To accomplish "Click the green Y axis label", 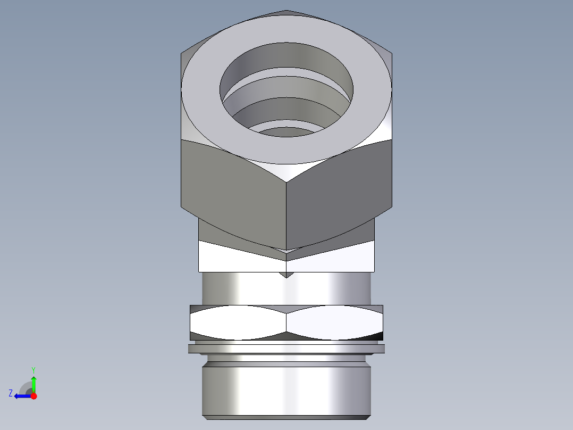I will click(33, 369).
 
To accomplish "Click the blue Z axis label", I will click(11, 393).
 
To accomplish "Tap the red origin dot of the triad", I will click(33, 396).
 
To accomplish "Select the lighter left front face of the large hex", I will click(234, 192).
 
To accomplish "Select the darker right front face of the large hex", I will click(340, 192).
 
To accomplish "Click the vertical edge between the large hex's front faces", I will click(286, 213).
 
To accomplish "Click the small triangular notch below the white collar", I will click(286, 274).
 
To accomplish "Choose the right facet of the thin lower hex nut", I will click(335, 322).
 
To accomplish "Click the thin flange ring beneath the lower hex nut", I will click(286, 349).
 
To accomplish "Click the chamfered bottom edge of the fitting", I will click(286, 417).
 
